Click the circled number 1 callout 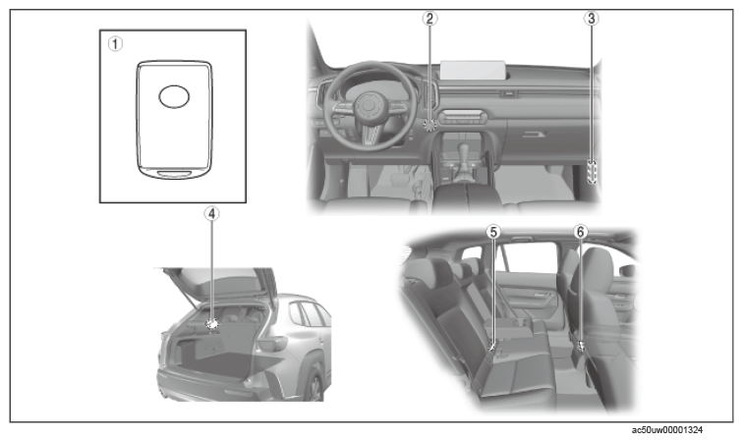(115, 44)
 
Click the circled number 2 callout (429, 19)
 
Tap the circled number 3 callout (591, 19)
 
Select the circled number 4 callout (212, 214)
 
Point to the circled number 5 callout (493, 232)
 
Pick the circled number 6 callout (581, 232)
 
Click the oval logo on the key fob (174, 96)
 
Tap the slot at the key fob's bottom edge (173, 174)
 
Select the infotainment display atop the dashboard (473, 70)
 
